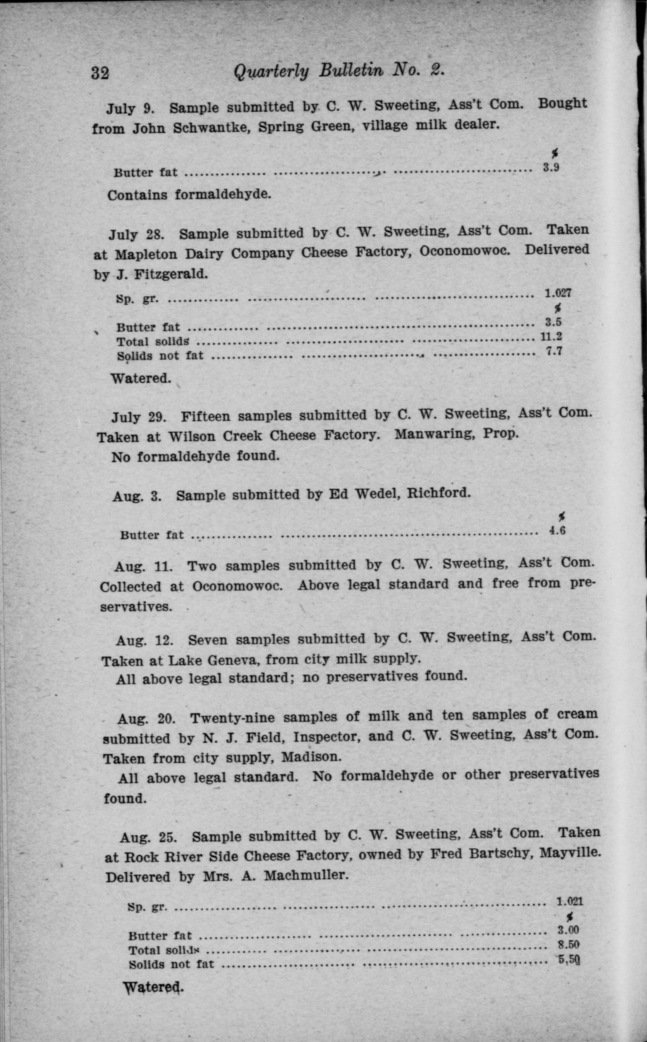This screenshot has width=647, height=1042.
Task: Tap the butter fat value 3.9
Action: click(551, 168)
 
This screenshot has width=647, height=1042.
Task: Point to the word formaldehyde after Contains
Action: click(222, 195)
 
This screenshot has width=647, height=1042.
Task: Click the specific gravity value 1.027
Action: click(558, 293)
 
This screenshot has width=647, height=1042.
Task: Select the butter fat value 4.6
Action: click(557, 531)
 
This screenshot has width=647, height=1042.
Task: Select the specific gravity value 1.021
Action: click(569, 901)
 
